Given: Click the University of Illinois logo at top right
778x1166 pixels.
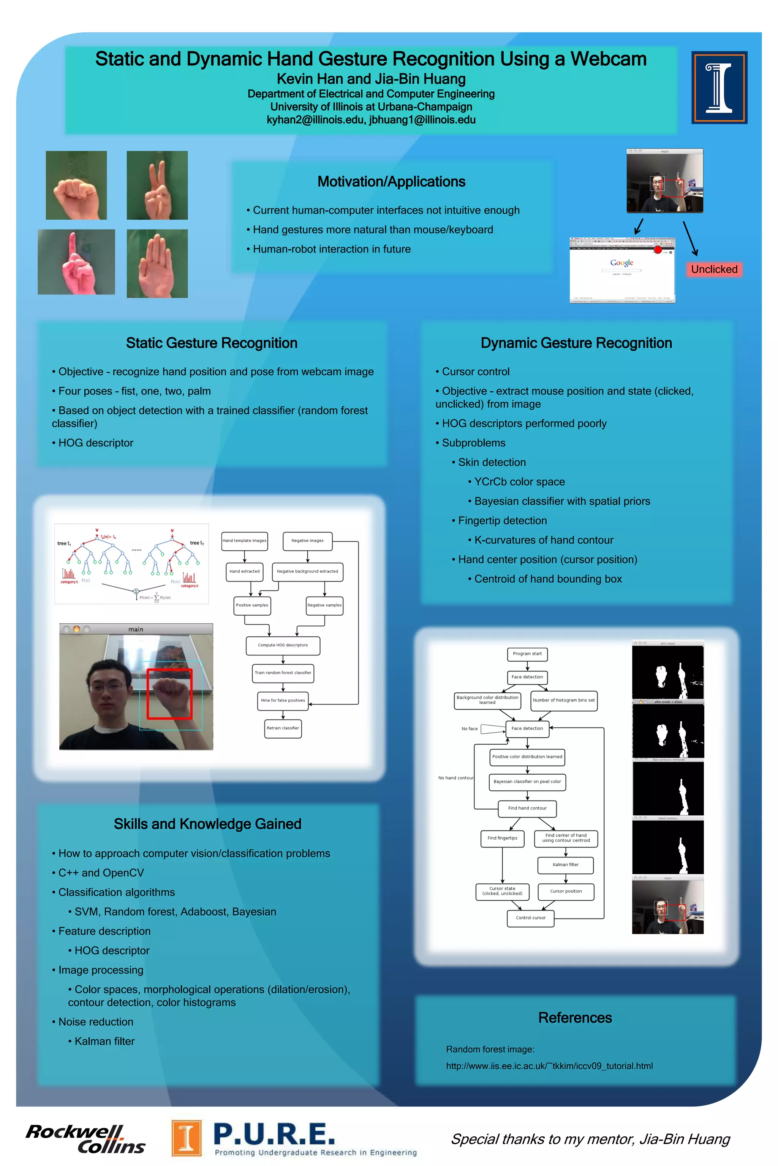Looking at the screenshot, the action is (719, 87).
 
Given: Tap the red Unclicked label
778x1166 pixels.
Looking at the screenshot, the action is (714, 269).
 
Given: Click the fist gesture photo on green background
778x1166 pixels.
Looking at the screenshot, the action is (76, 185).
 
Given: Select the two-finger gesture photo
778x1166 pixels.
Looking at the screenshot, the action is (157, 185).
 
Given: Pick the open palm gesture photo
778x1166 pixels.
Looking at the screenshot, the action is (157, 263).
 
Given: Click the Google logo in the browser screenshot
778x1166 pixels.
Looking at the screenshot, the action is (622, 263).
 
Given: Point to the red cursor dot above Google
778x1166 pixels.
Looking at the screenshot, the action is (658, 249).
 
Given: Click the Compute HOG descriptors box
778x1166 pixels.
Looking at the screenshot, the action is (283, 645).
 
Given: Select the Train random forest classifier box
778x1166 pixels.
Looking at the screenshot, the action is (283, 673).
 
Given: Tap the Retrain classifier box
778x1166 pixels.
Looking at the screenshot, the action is (283, 728).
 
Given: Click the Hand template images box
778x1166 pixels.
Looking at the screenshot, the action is (244, 541).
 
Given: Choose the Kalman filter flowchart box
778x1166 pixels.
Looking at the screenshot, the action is (566, 865).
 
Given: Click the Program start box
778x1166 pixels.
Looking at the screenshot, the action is (527, 654).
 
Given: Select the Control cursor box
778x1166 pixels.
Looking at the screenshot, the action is (530, 918).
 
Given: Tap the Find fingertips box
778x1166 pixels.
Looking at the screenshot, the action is (502, 838).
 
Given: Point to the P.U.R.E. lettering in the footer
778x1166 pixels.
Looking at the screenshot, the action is (274, 1134).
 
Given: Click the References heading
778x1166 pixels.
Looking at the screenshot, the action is (575, 1018).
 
